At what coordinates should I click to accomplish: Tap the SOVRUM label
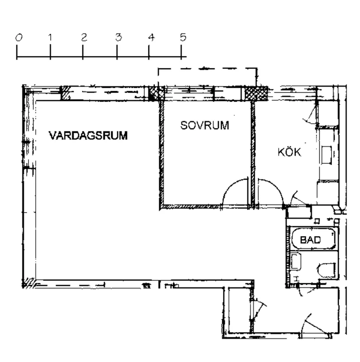point(204,126)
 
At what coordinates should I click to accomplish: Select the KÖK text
point(289,152)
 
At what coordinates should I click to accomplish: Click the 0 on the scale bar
point(19,38)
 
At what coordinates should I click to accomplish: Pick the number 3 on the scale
point(118,38)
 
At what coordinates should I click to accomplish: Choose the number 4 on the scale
point(151,38)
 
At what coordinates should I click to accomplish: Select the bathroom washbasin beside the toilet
point(297,263)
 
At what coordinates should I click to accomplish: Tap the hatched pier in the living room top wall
point(66,94)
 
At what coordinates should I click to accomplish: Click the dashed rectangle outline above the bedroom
point(207,69)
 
